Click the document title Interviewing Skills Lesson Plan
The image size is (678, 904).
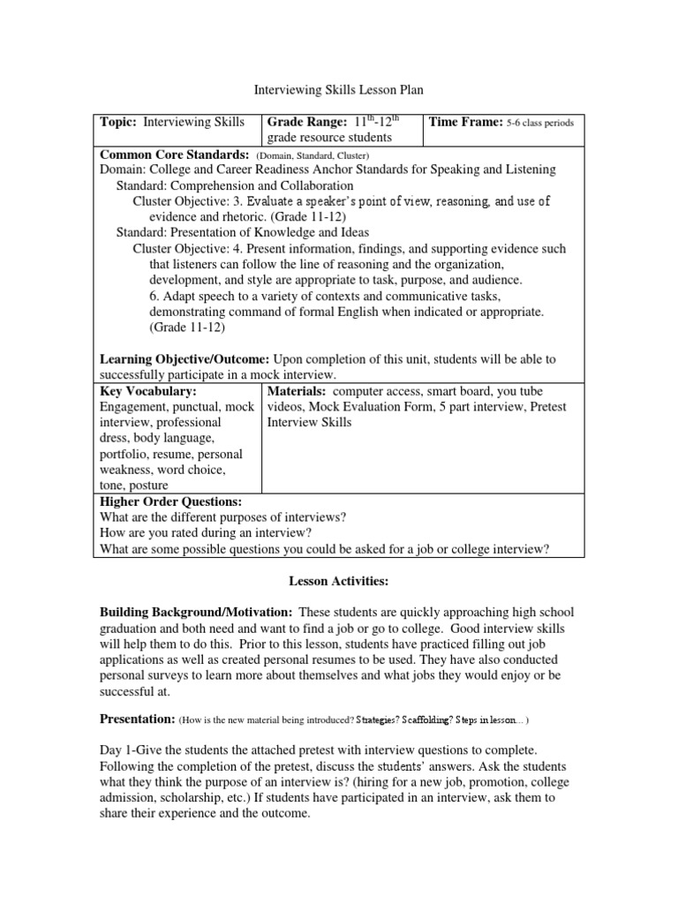click(339, 90)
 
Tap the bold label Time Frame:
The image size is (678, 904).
click(464, 123)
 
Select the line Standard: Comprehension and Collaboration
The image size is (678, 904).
click(235, 185)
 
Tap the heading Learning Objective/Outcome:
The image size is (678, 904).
click(185, 358)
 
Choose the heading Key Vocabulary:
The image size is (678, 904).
click(148, 390)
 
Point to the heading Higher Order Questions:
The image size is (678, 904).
click(165, 501)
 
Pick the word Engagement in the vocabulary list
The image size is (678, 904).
click(138, 406)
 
